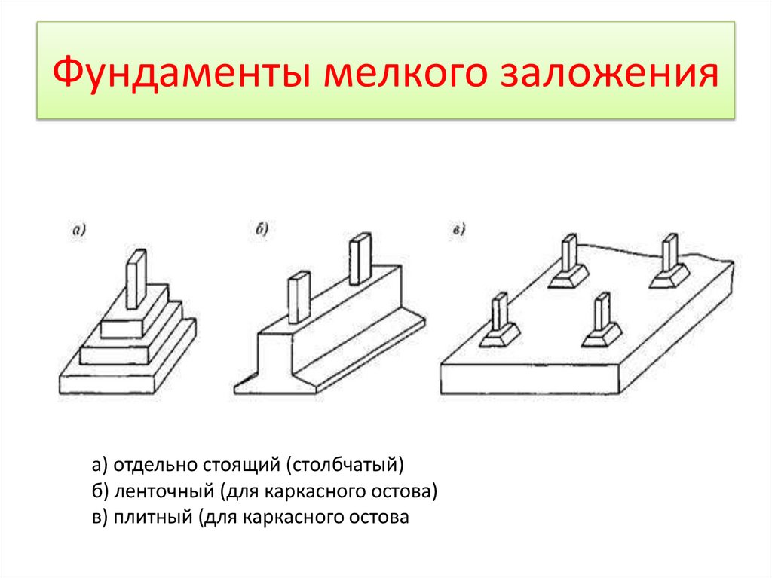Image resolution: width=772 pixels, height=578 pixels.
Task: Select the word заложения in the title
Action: point(609,72)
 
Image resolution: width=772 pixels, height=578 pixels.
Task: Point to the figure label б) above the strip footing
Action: point(262,229)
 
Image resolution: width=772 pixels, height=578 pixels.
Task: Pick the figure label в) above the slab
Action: point(459,229)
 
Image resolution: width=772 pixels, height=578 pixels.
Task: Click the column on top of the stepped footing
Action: point(136,279)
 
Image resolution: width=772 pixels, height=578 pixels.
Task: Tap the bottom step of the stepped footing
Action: point(127,369)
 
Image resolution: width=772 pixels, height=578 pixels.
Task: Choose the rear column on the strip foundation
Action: point(360,258)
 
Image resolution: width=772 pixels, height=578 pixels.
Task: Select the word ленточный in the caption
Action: point(164,491)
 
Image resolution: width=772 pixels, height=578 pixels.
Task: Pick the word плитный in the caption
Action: point(153,517)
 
